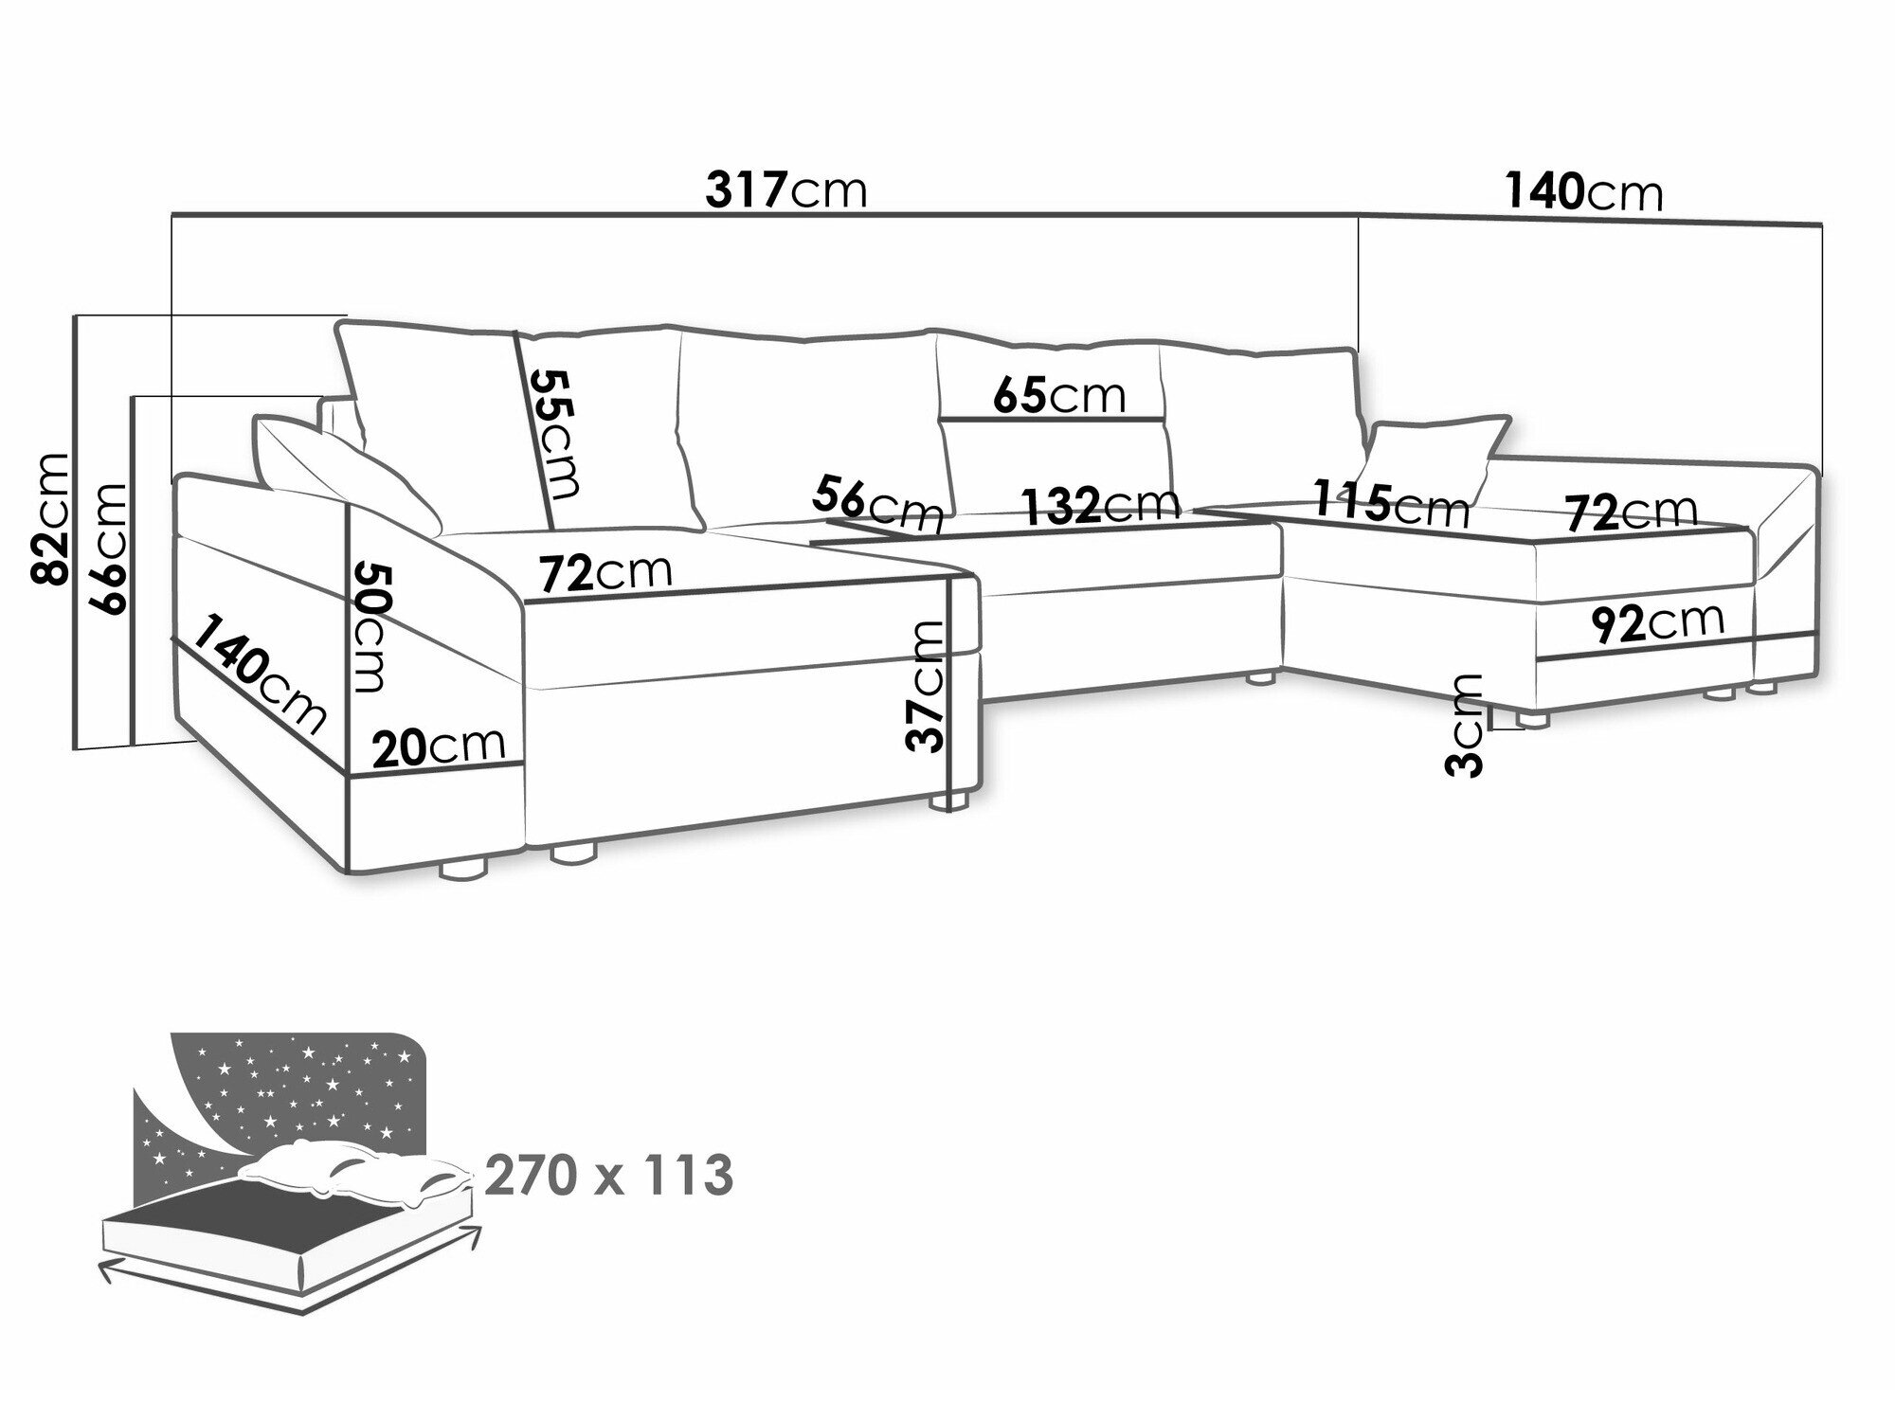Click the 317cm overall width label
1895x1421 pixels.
click(x=786, y=191)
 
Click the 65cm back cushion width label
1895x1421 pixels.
click(x=1058, y=395)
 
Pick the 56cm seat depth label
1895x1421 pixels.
click(x=878, y=504)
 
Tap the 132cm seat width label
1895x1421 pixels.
click(x=1100, y=505)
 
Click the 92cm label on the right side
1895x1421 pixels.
click(x=1657, y=623)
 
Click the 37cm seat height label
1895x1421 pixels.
click(x=926, y=686)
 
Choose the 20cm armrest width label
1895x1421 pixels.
click(x=439, y=748)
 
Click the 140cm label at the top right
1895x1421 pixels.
click(x=1583, y=191)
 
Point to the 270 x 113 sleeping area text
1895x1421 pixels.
click(x=608, y=1177)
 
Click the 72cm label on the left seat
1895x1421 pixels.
click(x=605, y=572)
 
